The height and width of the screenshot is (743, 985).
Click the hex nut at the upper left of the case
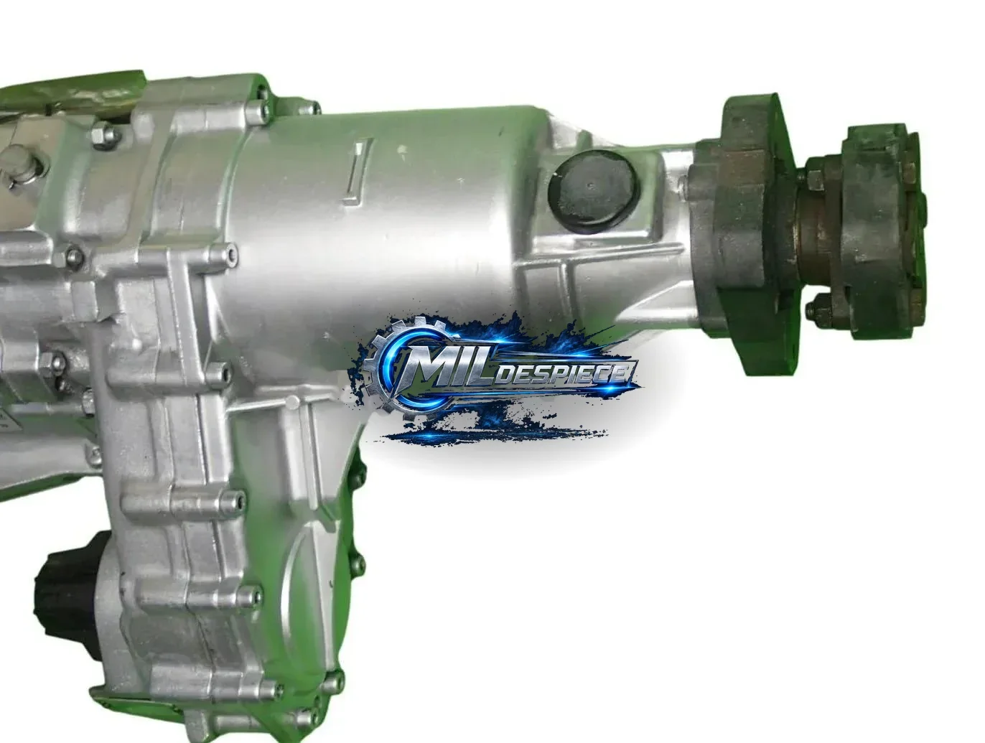click(104, 135)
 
